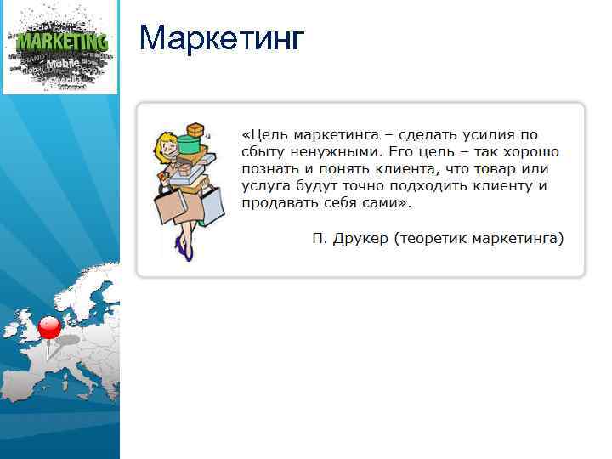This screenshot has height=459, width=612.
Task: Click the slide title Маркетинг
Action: point(220,38)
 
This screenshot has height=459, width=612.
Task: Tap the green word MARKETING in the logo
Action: point(62,42)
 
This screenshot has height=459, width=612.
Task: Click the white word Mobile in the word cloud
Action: point(62,64)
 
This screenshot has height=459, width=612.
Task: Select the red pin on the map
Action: point(50,327)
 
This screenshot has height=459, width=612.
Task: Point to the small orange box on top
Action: point(196,130)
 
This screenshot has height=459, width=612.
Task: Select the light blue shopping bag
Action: point(212,202)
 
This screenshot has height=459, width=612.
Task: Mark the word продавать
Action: point(280,203)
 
